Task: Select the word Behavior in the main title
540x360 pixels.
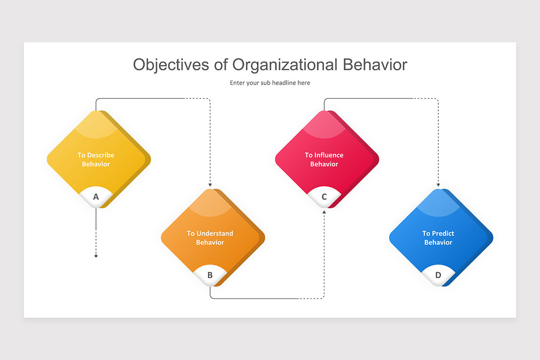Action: click(x=375, y=65)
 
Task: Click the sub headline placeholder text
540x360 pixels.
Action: click(x=270, y=83)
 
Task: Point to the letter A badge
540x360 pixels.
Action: click(x=96, y=197)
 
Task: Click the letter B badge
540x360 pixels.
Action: click(x=210, y=275)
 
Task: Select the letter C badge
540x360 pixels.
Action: click(x=324, y=197)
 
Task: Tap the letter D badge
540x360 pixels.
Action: click(x=438, y=275)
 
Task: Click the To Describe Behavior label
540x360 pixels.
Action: click(x=96, y=159)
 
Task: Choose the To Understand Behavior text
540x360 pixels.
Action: click(x=210, y=238)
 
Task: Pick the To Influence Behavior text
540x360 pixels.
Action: click(x=324, y=159)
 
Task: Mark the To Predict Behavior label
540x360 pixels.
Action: click(x=438, y=238)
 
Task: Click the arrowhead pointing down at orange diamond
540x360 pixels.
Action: click(x=210, y=185)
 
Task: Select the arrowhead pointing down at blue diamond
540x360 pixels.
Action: click(x=438, y=185)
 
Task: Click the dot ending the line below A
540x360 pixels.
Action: click(x=96, y=256)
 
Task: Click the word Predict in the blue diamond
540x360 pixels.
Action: click(x=443, y=234)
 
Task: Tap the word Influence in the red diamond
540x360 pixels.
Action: click(x=329, y=155)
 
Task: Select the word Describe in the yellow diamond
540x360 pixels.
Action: click(x=101, y=155)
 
